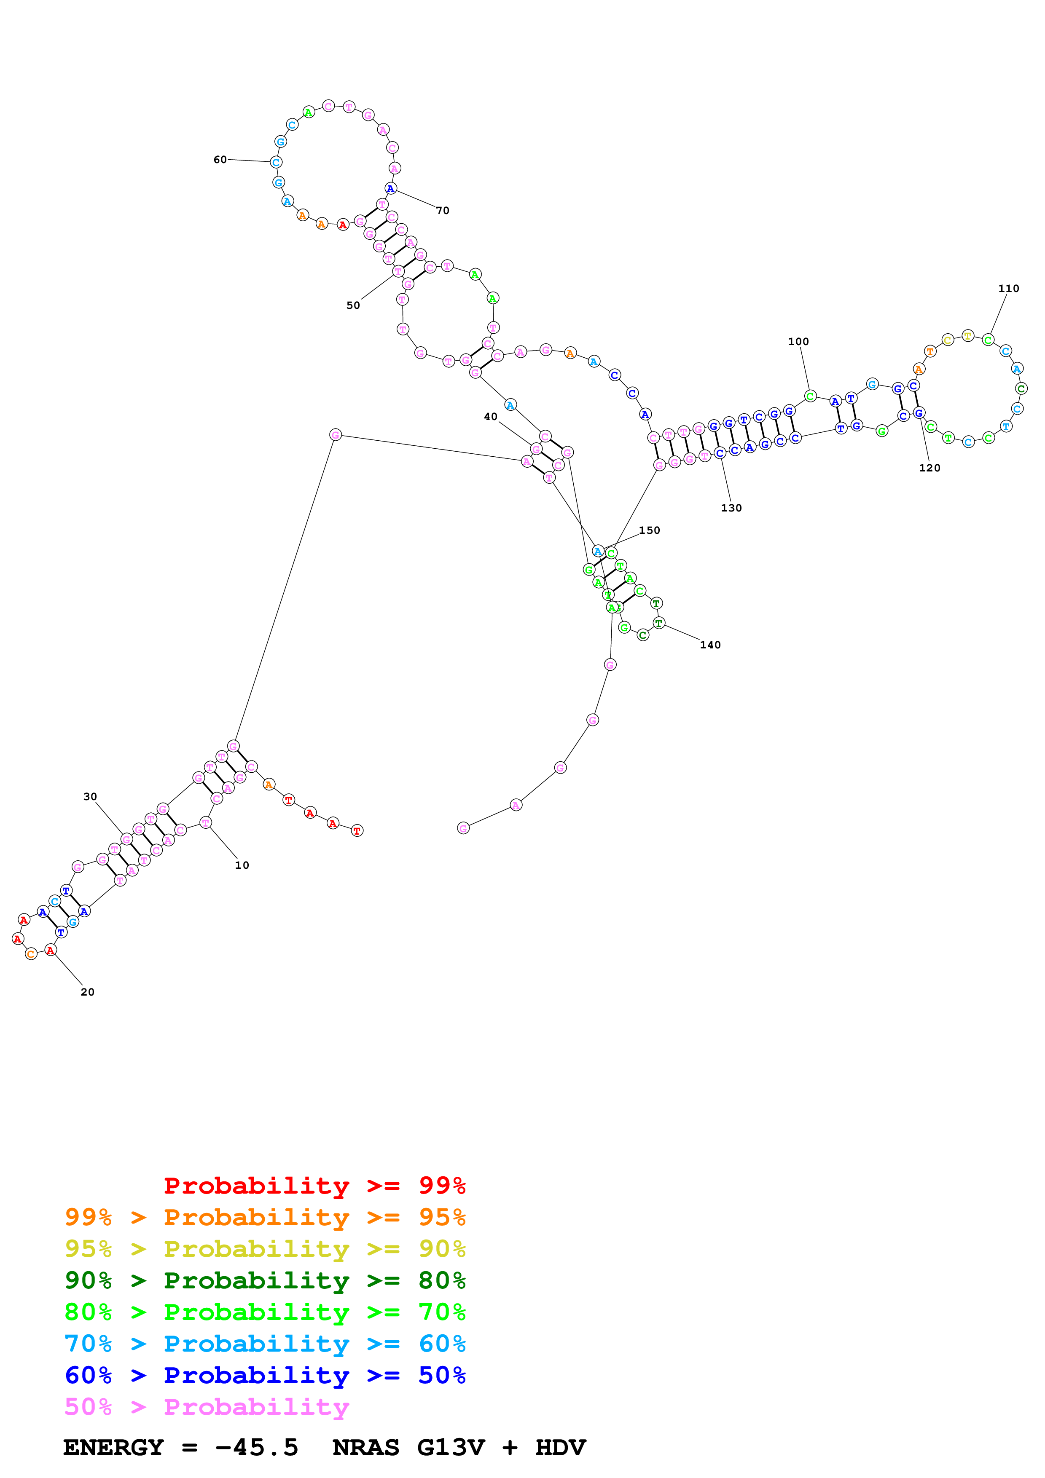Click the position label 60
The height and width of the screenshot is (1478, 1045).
coord(220,160)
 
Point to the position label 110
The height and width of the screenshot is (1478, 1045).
coord(1008,288)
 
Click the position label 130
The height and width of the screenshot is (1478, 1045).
coord(731,508)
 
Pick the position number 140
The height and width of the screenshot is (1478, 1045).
coord(710,645)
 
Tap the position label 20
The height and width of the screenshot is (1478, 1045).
coord(88,992)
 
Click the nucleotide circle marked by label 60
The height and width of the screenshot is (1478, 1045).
coord(276,162)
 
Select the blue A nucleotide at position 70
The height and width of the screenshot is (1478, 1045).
coord(390,189)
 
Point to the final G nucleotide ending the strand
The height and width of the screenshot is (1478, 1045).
coord(463,828)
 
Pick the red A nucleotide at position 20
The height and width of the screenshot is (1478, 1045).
coord(50,950)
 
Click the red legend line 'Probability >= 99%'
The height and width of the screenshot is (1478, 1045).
coord(314,1185)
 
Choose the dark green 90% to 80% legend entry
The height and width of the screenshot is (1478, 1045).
coord(265,1280)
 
